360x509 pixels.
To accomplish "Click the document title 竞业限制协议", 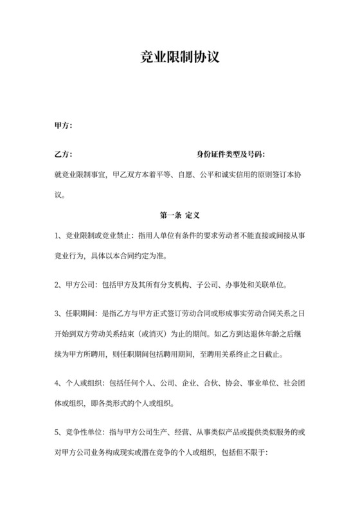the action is coord(180,57).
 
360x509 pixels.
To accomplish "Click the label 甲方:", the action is coord(63,125).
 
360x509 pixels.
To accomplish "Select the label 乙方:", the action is coord(63,155).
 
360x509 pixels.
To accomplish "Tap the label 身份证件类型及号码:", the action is coord(231,155).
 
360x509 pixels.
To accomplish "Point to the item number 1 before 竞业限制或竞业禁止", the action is coord(58,237).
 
